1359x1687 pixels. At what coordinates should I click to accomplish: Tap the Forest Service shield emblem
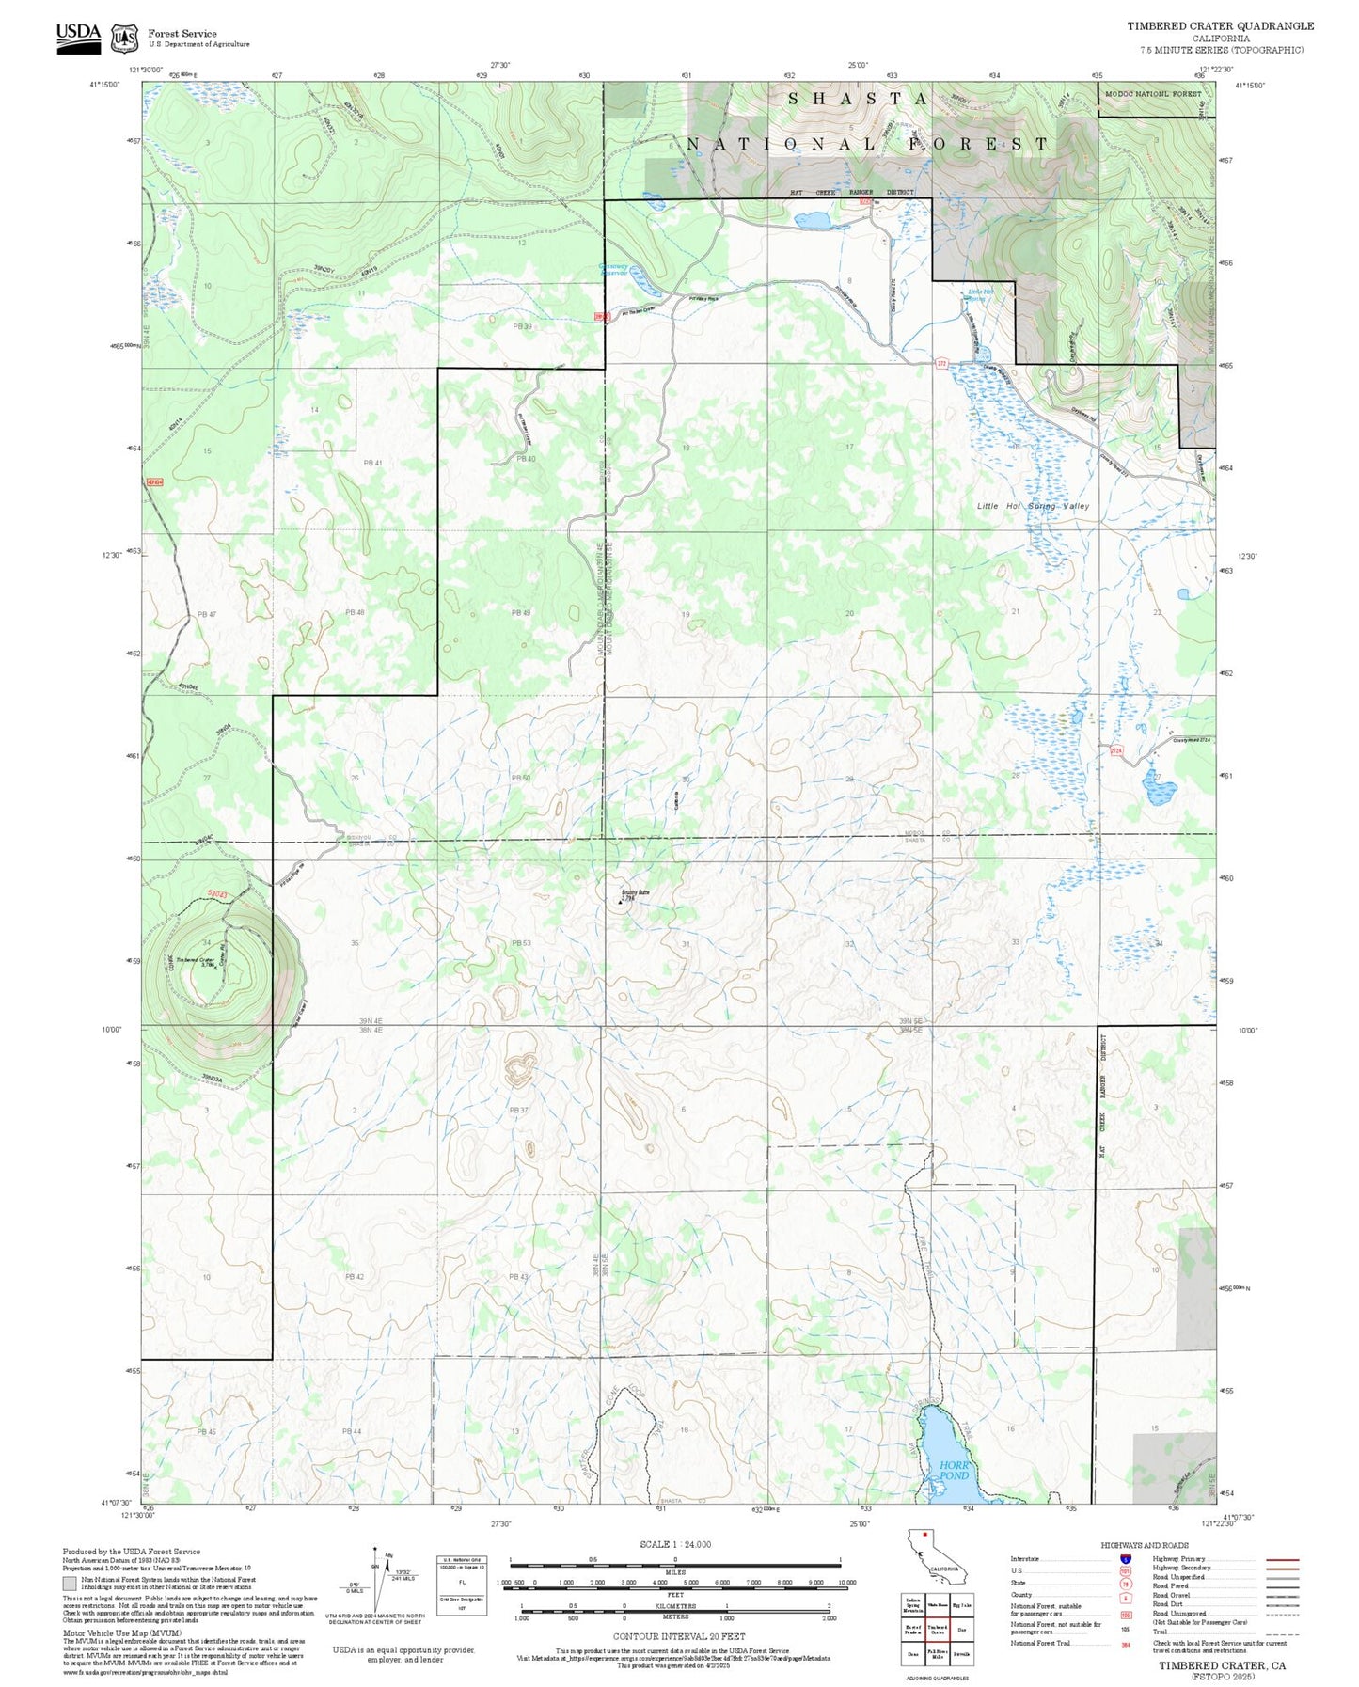[124, 39]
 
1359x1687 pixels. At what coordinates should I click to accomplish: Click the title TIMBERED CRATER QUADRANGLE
[1220, 26]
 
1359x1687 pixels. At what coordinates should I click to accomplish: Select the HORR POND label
[954, 1470]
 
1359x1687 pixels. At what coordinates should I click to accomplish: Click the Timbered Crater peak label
[195, 962]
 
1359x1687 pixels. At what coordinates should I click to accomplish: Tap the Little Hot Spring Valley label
[1032, 506]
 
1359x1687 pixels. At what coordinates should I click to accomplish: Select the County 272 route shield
[940, 363]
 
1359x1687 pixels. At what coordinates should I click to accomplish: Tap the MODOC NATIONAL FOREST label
[1153, 94]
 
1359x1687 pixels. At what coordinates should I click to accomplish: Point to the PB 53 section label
[521, 942]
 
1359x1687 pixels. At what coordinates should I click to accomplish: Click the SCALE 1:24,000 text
[675, 1544]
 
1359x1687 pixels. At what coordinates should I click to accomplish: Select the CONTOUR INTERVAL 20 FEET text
[678, 1636]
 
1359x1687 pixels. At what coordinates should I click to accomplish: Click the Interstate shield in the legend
[1125, 1559]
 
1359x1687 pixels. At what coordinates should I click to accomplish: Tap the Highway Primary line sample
[1283, 1559]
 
